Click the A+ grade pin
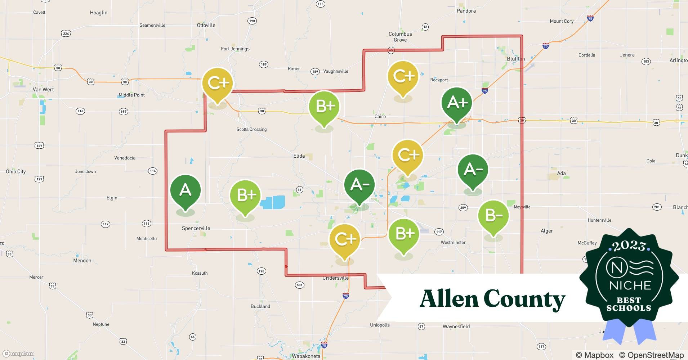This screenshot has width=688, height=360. pos(457,104)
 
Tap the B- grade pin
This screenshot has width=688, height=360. pos(493,216)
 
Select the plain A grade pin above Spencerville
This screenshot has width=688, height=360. pos(185,190)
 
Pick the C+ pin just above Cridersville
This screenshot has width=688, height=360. pos(345,239)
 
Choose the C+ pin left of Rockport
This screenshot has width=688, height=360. pos(403,77)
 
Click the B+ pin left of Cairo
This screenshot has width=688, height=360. pos(324,107)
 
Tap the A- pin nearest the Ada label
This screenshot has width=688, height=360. pos(473,170)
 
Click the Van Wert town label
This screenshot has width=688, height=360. pos(43,90)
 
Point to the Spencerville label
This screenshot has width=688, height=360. pos(196,228)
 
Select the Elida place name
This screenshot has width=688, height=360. pos(299,156)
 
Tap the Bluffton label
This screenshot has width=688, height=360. pos(516,59)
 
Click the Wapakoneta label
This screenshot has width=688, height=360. pos(306,356)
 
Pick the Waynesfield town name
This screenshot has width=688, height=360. pos(456,327)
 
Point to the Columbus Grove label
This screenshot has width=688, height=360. pos(400,37)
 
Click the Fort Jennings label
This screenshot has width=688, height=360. pos(235,49)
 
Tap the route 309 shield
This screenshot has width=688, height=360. pos(463,207)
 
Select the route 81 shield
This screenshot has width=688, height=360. pos(299,190)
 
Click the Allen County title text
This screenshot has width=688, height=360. pos(492,299)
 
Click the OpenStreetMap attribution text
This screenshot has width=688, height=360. pos(651,355)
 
